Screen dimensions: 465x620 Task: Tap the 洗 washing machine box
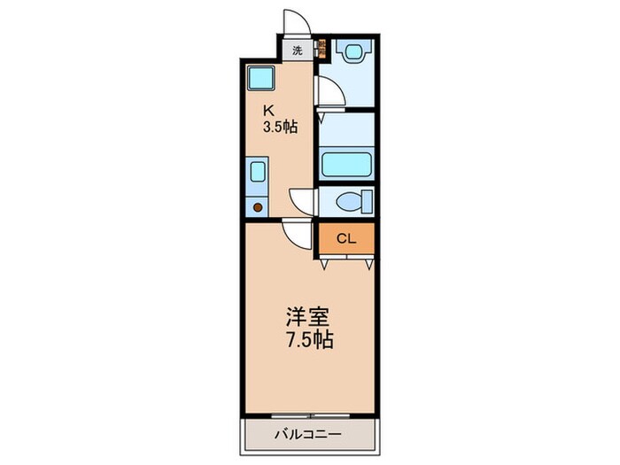[x=298, y=50]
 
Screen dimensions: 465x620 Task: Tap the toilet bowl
[x=353, y=202]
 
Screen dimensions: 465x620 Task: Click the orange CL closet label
[x=346, y=238]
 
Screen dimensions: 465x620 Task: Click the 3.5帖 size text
[x=279, y=127]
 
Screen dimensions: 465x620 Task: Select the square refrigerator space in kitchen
[x=260, y=80]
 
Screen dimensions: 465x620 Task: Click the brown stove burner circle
[x=258, y=207]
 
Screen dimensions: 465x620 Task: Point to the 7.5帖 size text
[x=309, y=339]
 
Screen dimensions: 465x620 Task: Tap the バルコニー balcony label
[x=307, y=434]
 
